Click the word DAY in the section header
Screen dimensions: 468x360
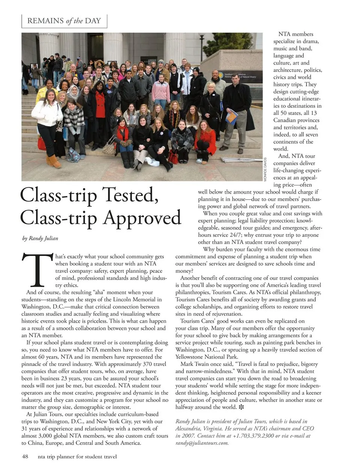point(93,21)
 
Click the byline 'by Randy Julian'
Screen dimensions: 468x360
point(40,238)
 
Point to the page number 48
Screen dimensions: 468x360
point(25,457)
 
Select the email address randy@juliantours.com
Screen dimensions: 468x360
point(202,443)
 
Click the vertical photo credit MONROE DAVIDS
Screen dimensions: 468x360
point(265,169)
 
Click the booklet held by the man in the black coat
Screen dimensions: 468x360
point(231,116)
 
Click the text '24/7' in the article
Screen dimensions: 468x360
point(252,235)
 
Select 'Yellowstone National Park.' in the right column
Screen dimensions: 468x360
point(207,357)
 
